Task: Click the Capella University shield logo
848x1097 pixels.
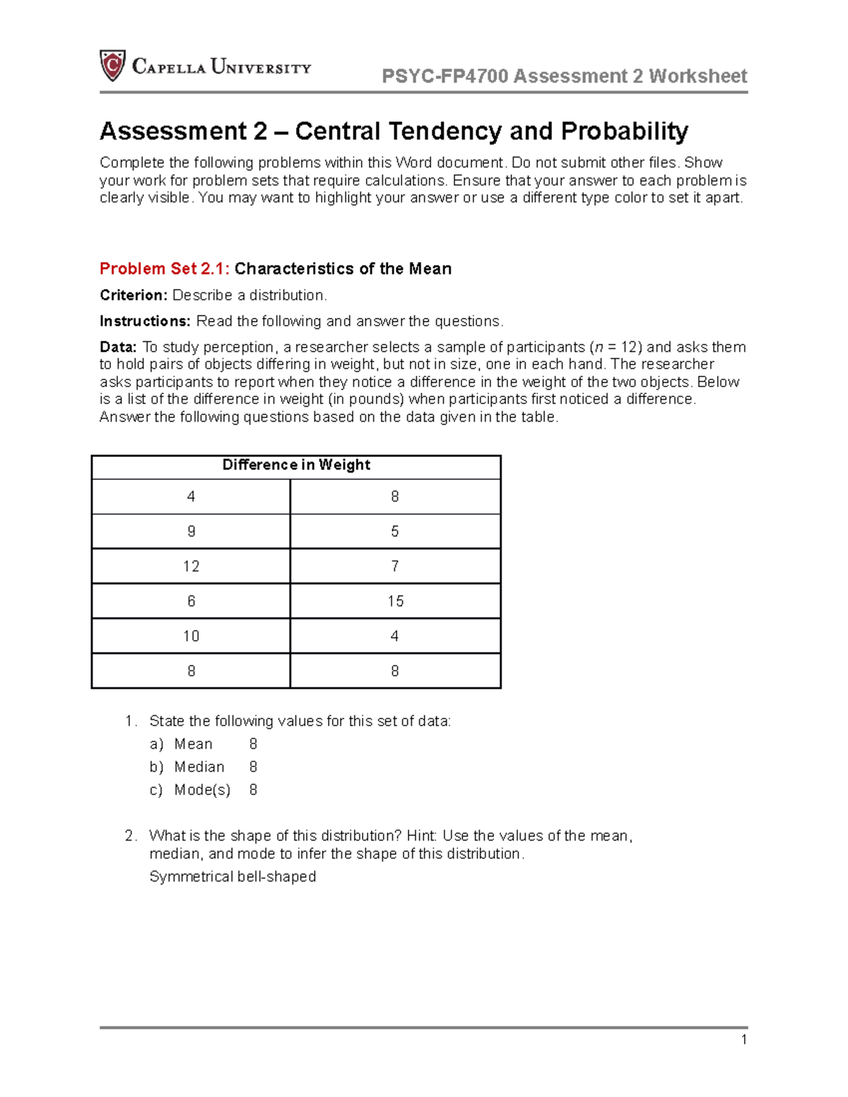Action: (x=112, y=66)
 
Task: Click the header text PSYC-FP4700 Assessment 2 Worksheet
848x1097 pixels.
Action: (x=564, y=76)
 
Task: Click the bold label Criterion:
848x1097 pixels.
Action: (x=134, y=295)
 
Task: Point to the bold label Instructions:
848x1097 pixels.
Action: (x=145, y=321)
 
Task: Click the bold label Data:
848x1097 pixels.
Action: (x=118, y=348)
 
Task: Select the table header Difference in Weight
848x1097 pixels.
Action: (x=296, y=465)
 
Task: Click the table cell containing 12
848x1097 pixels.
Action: (x=191, y=567)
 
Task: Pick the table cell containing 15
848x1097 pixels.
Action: (x=395, y=601)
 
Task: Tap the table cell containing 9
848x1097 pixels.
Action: (x=191, y=531)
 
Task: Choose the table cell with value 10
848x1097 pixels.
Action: (x=191, y=636)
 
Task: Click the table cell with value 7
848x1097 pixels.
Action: (x=395, y=567)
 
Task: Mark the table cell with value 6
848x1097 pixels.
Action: (x=191, y=601)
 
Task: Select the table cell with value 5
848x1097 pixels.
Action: (x=395, y=531)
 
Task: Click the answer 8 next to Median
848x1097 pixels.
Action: (x=253, y=767)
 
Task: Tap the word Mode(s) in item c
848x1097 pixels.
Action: (x=202, y=790)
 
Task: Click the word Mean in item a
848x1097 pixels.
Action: (x=193, y=745)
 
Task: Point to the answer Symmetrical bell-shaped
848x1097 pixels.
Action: (x=232, y=877)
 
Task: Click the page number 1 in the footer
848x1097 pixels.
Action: (x=743, y=1039)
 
